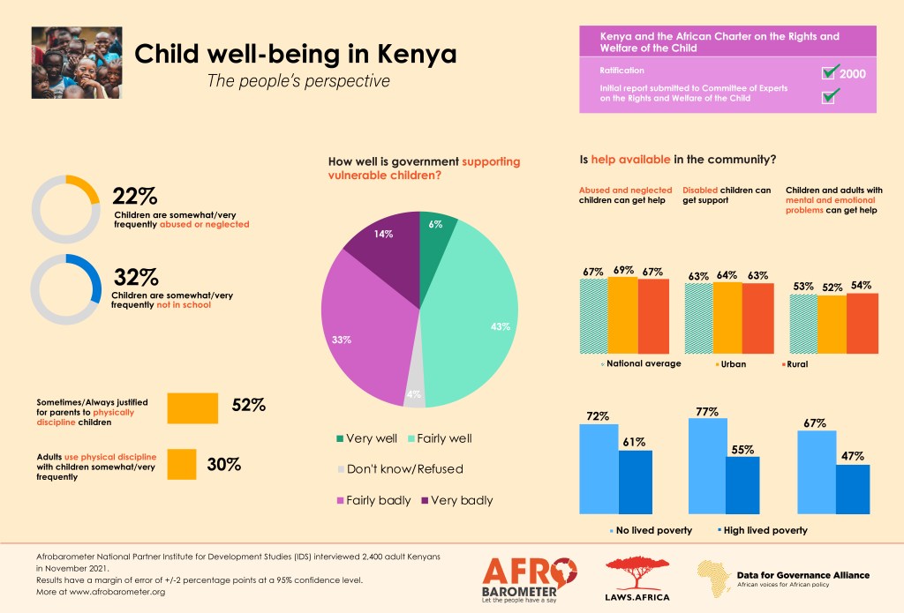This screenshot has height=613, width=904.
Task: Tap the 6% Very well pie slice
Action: (436, 234)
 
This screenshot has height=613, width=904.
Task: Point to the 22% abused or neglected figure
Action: (135, 196)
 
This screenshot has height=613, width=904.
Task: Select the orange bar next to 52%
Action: (192, 407)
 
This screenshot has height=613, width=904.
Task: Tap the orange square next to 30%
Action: (181, 464)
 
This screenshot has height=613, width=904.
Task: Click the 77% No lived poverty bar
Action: (708, 465)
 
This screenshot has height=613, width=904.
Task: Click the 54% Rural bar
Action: (863, 322)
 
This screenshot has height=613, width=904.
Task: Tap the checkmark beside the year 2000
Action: (829, 71)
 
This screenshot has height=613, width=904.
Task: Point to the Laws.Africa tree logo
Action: (637, 578)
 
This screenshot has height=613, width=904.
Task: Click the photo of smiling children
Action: (76, 62)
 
